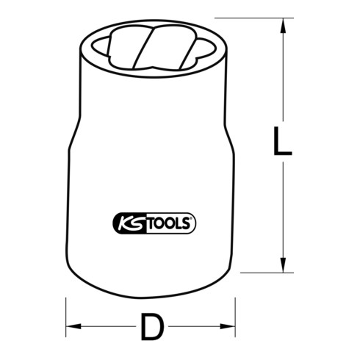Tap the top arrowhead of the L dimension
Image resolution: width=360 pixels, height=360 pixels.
[282, 28]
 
